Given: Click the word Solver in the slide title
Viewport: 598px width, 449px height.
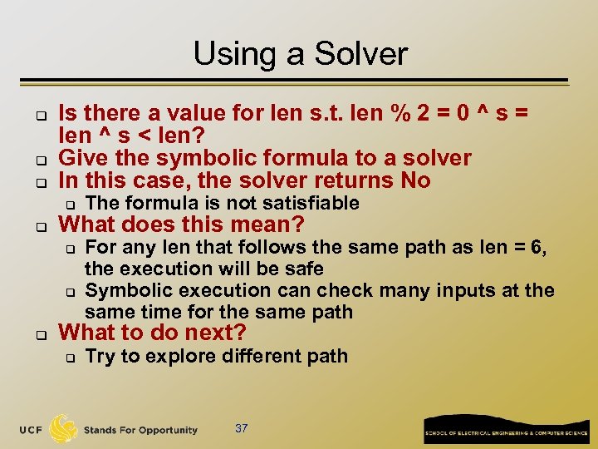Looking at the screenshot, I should [x=365, y=55].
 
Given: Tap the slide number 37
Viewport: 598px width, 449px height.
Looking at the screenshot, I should [x=242, y=429].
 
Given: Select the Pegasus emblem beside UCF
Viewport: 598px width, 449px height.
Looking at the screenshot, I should [x=64, y=428].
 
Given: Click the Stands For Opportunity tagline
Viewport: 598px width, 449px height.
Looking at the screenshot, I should [x=140, y=430].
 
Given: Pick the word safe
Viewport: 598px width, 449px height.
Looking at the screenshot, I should [x=306, y=269].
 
